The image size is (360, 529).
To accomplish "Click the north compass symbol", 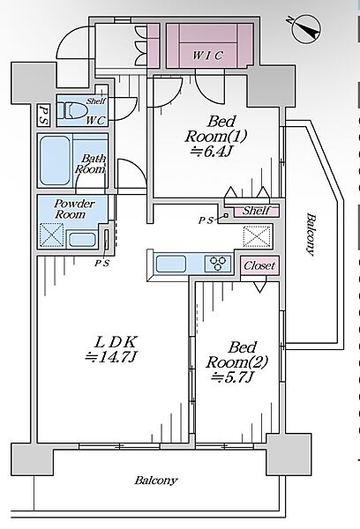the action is click(x=307, y=28).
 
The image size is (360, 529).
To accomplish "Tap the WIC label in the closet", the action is click(x=207, y=56).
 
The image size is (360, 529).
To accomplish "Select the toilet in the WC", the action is click(x=71, y=111).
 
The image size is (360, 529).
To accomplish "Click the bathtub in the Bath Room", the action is click(x=55, y=161).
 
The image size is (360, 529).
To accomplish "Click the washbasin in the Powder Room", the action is click(x=82, y=240).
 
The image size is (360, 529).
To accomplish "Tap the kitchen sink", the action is click(x=171, y=264).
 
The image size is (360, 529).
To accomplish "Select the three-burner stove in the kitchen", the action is click(x=219, y=264).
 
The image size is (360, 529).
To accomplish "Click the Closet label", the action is click(x=259, y=265).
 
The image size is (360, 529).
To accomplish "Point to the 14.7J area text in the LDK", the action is click(x=110, y=356).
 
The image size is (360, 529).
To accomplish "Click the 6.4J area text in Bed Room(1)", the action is click(x=211, y=152).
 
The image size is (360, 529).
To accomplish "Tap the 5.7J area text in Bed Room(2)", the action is click(x=232, y=377).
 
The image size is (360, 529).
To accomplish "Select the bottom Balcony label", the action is click(x=155, y=481).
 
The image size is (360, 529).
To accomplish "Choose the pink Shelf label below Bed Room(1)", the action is click(x=257, y=211).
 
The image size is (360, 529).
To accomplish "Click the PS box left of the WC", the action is click(x=43, y=115).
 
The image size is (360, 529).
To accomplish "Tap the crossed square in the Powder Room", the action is click(x=52, y=235).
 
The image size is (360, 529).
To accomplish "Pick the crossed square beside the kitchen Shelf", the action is click(x=257, y=236).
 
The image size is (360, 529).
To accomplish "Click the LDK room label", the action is click(x=115, y=342).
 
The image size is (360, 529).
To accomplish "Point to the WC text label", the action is click(x=95, y=121).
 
